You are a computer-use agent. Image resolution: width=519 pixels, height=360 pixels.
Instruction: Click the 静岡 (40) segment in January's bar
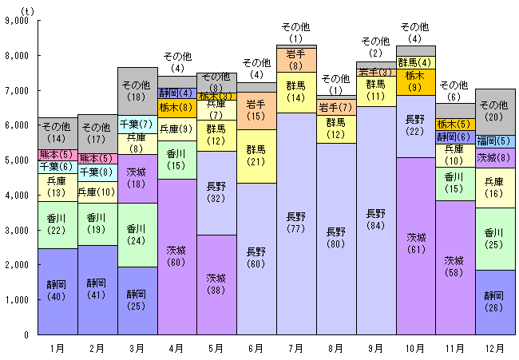pos(57,291)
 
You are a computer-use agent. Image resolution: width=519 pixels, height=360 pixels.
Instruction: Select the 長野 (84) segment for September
pos(375,220)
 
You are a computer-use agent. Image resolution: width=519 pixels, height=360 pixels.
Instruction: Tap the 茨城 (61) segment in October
pos(415,245)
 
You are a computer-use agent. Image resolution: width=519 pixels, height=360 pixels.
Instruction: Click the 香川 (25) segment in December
pos(495,239)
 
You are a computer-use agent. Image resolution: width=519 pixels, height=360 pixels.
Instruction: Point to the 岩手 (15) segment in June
pos(256,110)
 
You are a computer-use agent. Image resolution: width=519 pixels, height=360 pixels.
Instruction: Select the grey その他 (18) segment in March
pos(137,90)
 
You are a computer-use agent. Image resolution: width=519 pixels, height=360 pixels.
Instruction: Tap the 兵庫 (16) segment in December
pos(495,188)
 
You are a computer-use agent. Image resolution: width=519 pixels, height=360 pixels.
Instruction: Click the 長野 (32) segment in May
pos(216,192)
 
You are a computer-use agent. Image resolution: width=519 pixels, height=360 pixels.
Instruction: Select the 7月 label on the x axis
pos(296,348)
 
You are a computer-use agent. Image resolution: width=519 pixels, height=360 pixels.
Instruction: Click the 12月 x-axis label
pos(495,348)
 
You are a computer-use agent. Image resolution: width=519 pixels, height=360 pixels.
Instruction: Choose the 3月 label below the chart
pos(137,348)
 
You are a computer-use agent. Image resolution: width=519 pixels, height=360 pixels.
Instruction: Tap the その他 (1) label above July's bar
pos(296,33)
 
